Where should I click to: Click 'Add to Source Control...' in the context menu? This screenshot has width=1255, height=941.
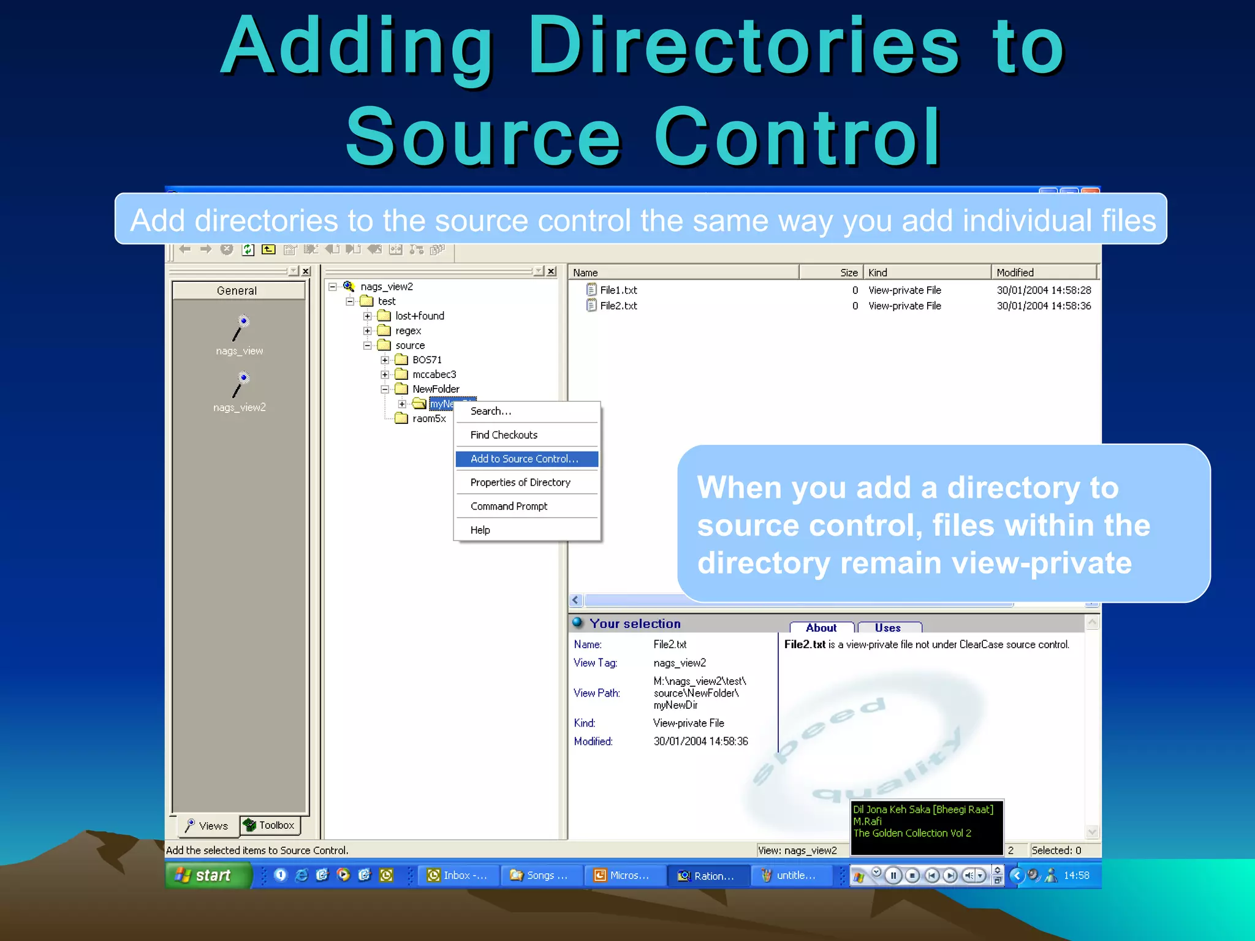tap(524, 459)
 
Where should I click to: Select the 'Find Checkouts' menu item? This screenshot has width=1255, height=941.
tap(504, 435)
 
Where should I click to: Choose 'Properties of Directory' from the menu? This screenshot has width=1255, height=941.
tap(520, 483)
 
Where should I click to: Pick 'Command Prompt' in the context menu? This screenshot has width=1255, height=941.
tap(509, 507)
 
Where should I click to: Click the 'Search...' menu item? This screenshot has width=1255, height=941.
tap(490, 411)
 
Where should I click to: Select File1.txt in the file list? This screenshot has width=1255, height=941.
tap(618, 290)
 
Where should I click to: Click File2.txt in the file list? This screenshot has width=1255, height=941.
tap(618, 306)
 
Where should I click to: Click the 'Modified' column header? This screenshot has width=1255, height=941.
tap(1042, 273)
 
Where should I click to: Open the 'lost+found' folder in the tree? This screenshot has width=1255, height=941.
tap(419, 316)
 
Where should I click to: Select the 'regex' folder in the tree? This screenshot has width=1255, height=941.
tap(408, 331)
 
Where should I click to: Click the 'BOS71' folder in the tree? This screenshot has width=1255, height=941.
tap(427, 360)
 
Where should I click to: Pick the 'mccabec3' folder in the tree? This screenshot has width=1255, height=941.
tap(434, 374)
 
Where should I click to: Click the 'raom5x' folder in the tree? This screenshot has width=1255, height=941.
tap(429, 419)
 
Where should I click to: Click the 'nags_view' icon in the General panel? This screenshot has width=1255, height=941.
tap(240, 331)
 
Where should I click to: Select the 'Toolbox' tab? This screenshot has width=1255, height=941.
tap(271, 826)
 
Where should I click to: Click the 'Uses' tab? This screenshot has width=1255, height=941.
tap(888, 628)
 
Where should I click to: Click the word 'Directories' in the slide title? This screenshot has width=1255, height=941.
tap(743, 48)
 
